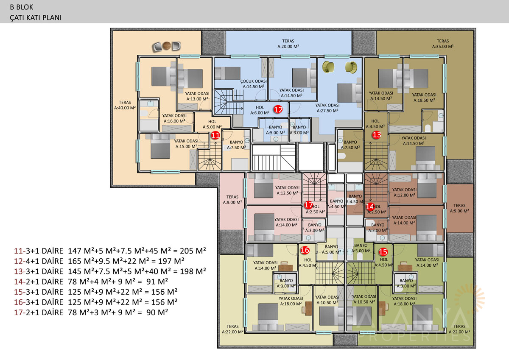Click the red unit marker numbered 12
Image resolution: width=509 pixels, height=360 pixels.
coord(278,109)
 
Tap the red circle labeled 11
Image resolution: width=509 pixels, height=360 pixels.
coord(215,135)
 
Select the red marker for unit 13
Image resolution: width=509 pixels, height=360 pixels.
coord(376,135)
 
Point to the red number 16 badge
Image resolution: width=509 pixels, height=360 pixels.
coord(305,250)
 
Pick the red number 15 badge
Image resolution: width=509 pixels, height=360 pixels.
coord(383,251)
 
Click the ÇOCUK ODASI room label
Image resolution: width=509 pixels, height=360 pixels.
coord(253,84)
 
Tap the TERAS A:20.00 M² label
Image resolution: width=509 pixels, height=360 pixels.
coord(288,44)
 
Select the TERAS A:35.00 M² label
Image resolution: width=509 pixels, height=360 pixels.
coord(443,44)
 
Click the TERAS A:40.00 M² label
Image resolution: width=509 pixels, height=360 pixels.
coord(125,105)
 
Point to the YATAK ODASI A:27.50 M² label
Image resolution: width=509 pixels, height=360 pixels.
coord(327,108)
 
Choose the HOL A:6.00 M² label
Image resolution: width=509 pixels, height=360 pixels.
coord(260,110)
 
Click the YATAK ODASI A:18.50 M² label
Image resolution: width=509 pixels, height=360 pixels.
coord(424,98)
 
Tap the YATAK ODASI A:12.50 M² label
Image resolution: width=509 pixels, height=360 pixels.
coord(287,190)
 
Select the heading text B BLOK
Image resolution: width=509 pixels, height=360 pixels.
coord(22,7)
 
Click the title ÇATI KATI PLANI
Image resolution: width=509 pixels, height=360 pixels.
coord(36,17)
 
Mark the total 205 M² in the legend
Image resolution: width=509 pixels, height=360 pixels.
coord(193,251)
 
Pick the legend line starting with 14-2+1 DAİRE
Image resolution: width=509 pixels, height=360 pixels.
coord(91,282)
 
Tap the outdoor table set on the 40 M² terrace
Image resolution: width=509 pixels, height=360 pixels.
coord(167,46)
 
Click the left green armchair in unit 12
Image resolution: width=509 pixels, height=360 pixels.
coord(328,67)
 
